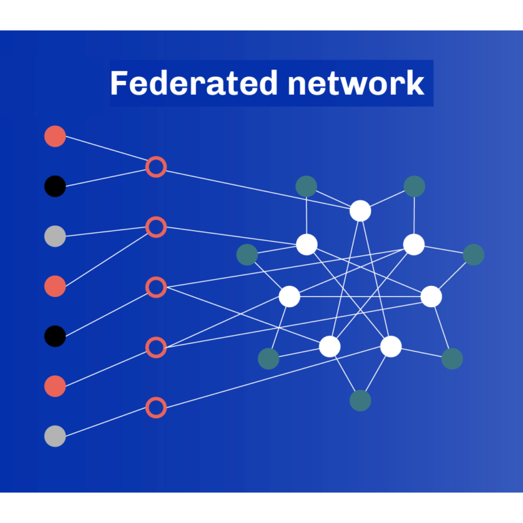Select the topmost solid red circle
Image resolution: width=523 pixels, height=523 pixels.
pyautogui.click(x=55, y=136)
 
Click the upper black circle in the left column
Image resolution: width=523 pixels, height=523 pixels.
pyautogui.click(x=55, y=186)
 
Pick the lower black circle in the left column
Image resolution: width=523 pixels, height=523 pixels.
pyautogui.click(x=55, y=336)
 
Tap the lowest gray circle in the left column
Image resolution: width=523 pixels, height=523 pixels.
pyautogui.click(x=55, y=436)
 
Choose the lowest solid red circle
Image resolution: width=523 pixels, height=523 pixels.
pyautogui.click(x=55, y=386)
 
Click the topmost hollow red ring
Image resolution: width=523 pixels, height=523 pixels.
pyautogui.click(x=156, y=166)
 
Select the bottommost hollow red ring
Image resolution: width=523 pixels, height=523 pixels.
pyautogui.click(x=156, y=408)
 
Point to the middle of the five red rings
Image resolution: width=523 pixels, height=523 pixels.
pyautogui.click(x=156, y=287)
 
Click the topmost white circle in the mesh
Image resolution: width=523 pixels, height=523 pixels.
pyautogui.click(x=360, y=211)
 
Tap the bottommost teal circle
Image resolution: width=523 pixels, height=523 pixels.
pyautogui.click(x=360, y=400)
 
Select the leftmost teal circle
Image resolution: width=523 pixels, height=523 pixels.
pyautogui.click(x=247, y=255)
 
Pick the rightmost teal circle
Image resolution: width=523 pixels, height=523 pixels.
pyautogui.click(x=473, y=255)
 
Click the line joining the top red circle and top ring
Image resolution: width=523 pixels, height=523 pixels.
pyautogui.click(x=106, y=151)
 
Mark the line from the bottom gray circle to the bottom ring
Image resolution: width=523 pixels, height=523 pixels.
pyautogui.click(x=106, y=422)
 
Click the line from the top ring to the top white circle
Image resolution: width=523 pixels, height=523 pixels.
pyautogui.click(x=259, y=189)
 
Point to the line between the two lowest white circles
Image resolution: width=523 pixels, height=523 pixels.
pyautogui.click(x=360, y=347)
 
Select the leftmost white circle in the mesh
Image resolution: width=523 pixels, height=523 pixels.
pyautogui.click(x=289, y=296)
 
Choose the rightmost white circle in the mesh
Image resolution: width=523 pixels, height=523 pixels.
pyautogui.click(x=431, y=296)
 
